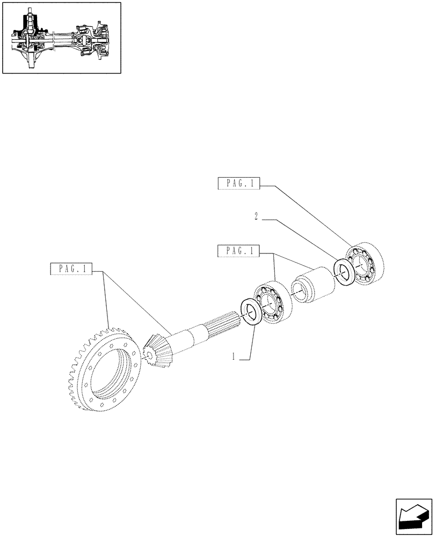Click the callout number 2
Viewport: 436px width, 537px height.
pos(256,217)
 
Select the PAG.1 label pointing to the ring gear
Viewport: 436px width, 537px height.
pos(70,269)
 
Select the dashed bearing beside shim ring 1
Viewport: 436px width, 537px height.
pos(274,303)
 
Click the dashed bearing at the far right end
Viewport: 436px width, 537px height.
pos(366,264)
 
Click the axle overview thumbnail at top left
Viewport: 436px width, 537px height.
pos(61,38)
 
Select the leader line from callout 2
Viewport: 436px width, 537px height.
pos(301,240)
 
